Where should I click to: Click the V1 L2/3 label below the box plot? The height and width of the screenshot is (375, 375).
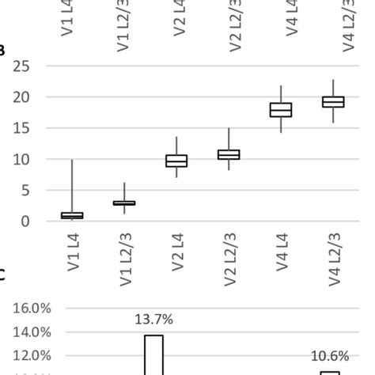(124, 258)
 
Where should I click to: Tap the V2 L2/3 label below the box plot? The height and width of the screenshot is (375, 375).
(229, 258)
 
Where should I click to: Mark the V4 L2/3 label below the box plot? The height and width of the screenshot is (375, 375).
(333, 258)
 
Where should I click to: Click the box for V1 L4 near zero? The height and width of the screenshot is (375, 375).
(72, 215)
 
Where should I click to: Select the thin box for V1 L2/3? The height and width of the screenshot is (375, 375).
(124, 203)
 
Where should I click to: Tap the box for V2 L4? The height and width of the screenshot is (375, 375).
(176, 161)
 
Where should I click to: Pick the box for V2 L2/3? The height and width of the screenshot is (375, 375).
(229, 154)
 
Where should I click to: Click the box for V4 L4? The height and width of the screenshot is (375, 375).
(281, 110)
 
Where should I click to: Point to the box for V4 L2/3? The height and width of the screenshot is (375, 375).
(333, 102)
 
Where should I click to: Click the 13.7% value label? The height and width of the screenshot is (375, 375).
(153, 320)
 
